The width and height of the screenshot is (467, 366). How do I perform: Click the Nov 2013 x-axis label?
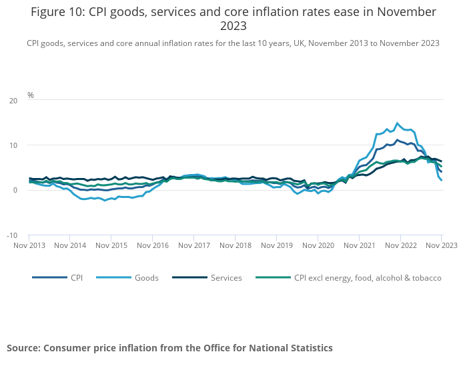[x=29, y=245]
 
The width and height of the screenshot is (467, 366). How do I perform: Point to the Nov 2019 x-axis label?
[x=276, y=245]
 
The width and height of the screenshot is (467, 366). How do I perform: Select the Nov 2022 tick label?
[x=400, y=245]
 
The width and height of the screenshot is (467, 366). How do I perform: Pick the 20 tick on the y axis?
[x=13, y=101]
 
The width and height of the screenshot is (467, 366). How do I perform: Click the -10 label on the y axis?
[x=12, y=235]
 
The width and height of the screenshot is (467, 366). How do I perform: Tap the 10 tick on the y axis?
[x=13, y=145]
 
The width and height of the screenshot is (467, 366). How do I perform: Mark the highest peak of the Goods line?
[x=398, y=123]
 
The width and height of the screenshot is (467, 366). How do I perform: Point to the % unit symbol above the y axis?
[x=31, y=95]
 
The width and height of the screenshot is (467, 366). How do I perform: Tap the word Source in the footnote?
[x=23, y=348]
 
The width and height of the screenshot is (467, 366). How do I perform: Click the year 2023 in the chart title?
[x=233, y=27]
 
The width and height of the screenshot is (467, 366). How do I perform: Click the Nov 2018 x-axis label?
[x=235, y=245]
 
